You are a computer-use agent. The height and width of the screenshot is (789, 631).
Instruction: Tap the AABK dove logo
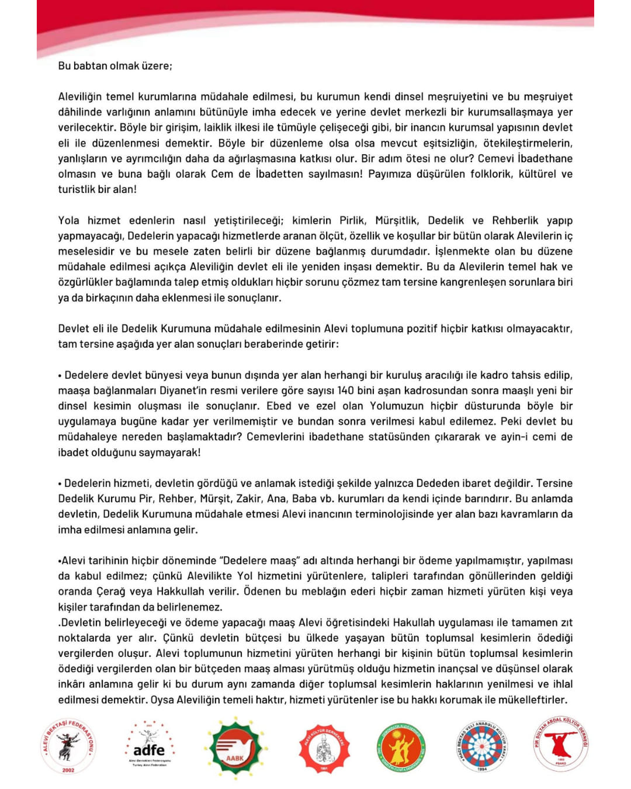pos(235,748)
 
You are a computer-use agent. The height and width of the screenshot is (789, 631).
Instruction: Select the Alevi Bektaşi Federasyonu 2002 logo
pos(68,746)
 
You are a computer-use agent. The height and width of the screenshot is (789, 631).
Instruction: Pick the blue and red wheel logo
pos(482,746)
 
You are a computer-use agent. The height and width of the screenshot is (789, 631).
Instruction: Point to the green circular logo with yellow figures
pos(401,748)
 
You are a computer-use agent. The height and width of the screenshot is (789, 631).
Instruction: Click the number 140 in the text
pos(346,390)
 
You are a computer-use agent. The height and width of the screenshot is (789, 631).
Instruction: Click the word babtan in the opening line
pos(91,65)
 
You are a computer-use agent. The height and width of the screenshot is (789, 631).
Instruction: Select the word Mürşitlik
pos(397,220)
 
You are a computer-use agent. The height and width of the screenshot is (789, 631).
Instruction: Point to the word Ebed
pos(279,406)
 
